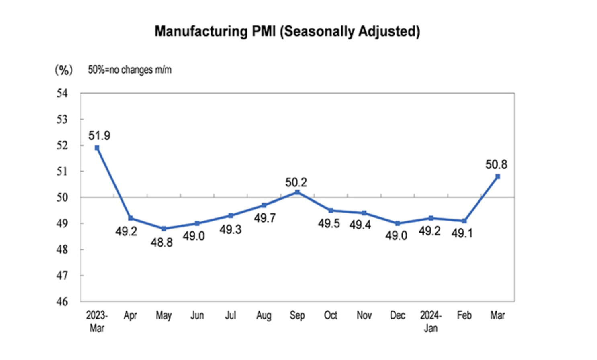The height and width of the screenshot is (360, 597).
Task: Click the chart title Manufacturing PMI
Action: click(287, 31)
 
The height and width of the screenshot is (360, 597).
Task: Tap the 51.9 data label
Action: click(99, 136)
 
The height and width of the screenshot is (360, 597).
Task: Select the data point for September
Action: click(297, 192)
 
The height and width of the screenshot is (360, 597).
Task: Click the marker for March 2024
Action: click(498, 176)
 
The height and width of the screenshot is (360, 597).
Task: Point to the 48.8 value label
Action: click(162, 243)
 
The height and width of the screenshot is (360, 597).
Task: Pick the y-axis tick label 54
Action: click(62, 94)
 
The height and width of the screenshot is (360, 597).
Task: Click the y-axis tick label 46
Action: click(62, 301)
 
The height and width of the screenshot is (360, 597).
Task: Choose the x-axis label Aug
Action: click(264, 316)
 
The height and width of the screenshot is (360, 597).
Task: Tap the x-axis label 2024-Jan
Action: click(431, 321)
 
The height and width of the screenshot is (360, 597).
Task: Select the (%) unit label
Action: click(63, 70)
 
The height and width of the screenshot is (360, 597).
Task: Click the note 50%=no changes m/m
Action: click(130, 70)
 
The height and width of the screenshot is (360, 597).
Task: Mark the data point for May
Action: click(164, 229)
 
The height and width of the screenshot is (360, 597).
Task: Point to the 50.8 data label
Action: click(496, 164)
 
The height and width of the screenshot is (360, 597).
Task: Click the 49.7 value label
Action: click(265, 218)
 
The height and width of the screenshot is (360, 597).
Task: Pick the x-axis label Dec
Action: click(397, 316)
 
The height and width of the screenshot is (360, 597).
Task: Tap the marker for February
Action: click(464, 221)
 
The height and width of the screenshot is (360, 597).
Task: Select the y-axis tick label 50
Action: click(62, 197)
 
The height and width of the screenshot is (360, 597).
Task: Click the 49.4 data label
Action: click(360, 225)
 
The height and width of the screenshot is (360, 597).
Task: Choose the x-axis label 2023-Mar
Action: click(97, 321)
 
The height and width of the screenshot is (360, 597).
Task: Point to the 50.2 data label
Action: click(296, 182)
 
